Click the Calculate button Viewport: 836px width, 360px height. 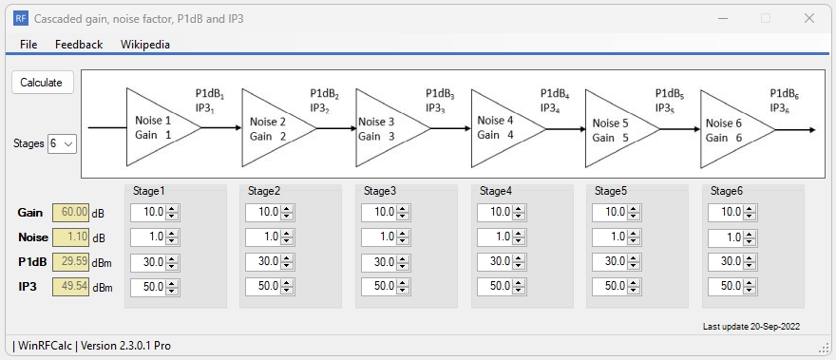pos(41,83)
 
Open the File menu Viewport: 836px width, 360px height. pos(28,45)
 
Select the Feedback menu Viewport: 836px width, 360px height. pos(78,45)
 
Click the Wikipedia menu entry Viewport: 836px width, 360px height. pos(144,45)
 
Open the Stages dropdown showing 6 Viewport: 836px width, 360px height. pos(63,143)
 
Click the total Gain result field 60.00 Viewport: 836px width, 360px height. pos(71,212)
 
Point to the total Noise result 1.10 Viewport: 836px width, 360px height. pos(71,237)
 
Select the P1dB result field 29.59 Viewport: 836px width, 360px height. pos(71,261)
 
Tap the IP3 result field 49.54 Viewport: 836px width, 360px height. pos(71,286)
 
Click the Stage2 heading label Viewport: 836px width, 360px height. pos(263,191)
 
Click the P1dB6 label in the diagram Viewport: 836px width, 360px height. pos(784,94)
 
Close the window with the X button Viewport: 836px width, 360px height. pos(808,18)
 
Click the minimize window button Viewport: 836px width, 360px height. pos(722,18)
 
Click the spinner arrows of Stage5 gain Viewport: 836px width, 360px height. pos(634,212)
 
